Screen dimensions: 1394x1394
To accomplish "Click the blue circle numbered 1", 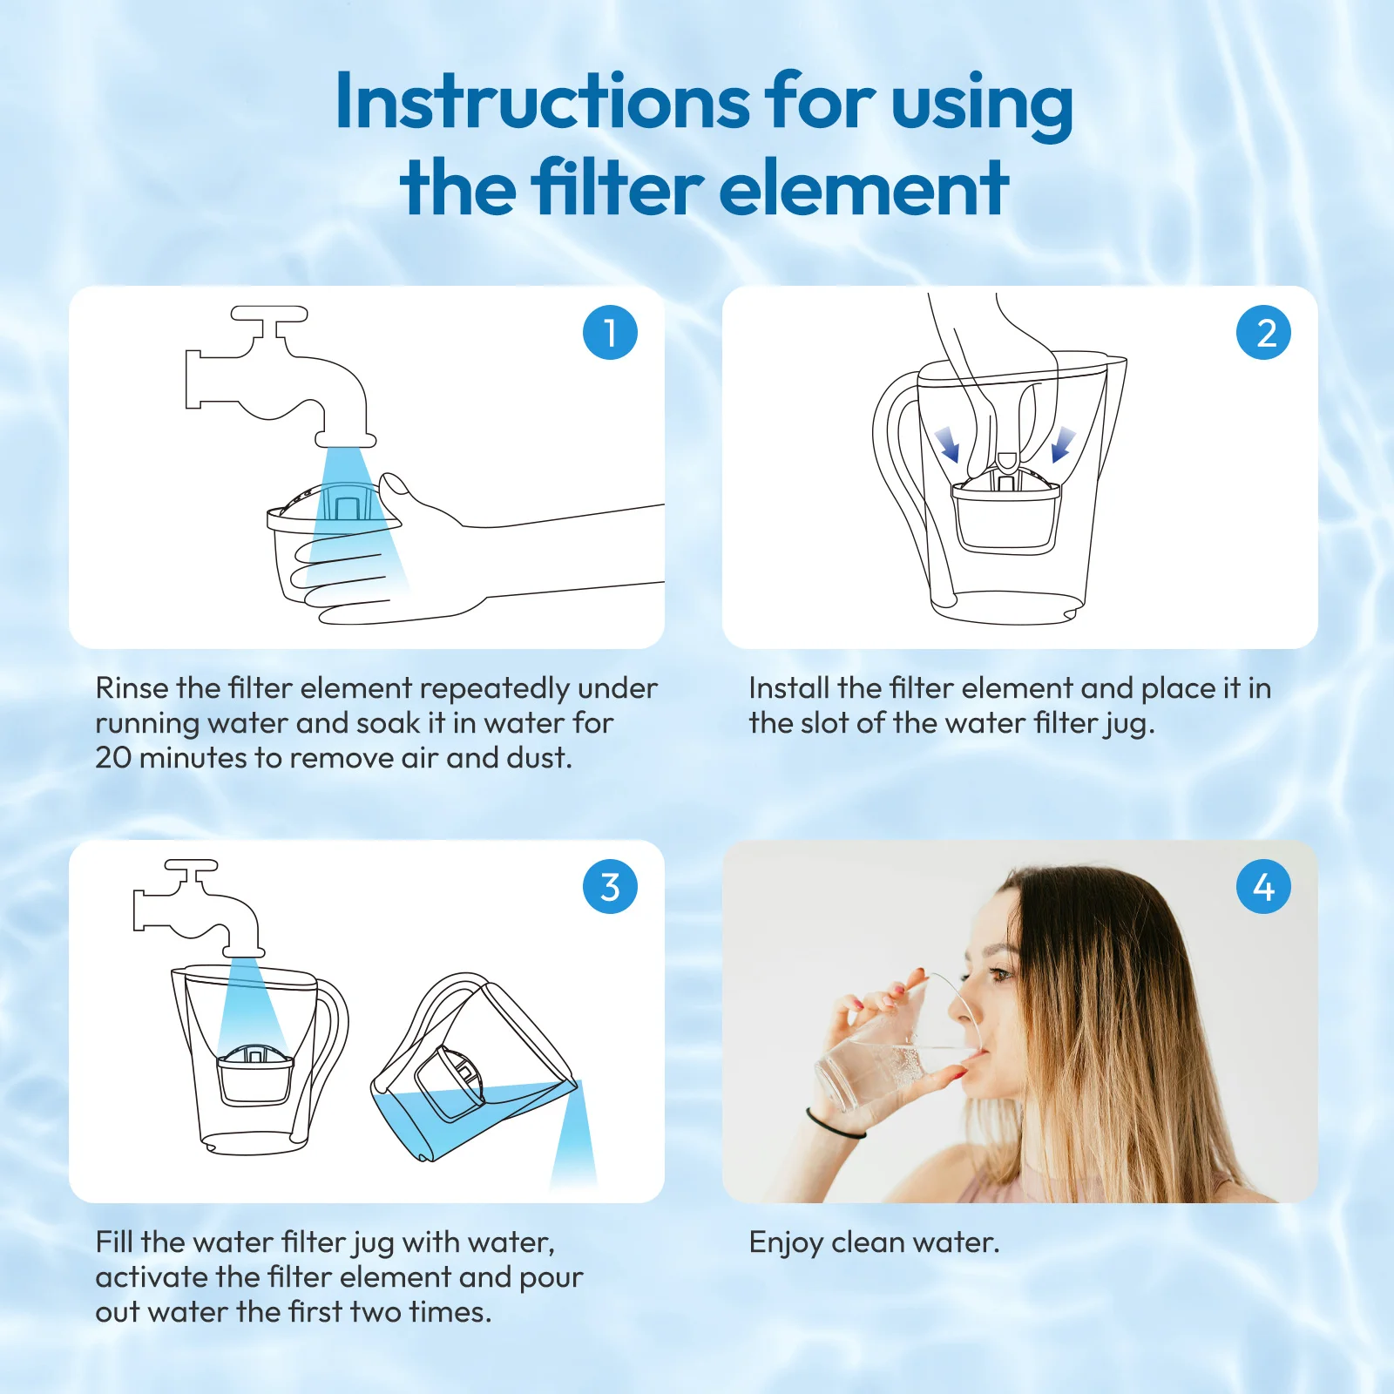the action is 610,332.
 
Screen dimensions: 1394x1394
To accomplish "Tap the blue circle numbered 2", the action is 1263,332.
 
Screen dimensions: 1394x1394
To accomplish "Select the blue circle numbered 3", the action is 610,886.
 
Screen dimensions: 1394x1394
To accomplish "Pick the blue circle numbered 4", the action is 1263,886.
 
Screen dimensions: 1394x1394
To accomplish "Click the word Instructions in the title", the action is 542,101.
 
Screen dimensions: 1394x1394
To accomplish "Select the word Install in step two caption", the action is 789,688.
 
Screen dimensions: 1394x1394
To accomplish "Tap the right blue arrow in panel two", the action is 1062,444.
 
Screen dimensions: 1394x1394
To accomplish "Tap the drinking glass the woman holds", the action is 897,1045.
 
